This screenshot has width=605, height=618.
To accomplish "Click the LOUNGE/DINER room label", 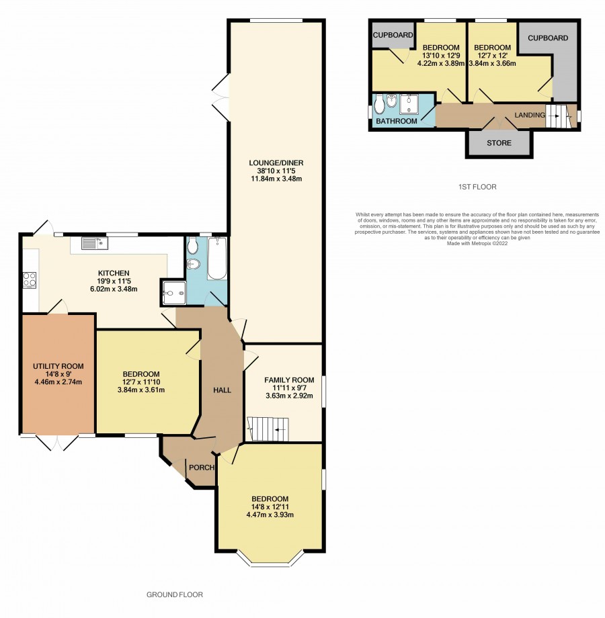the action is [276, 163].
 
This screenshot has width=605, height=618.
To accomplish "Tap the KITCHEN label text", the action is [114, 273].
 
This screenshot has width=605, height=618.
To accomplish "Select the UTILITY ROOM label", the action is [58, 366].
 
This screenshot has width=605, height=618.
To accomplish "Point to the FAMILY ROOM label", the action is [289, 380].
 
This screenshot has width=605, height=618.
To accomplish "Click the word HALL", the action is [222, 390].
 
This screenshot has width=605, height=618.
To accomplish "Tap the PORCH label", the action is [202, 468].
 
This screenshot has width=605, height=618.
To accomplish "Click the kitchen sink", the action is [95, 243].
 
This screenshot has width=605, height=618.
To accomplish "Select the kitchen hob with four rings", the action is [30, 280].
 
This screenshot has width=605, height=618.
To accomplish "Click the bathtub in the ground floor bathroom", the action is [217, 258].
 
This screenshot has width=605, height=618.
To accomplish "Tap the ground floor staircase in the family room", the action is [268, 429].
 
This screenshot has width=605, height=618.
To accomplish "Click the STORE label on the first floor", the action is [499, 143].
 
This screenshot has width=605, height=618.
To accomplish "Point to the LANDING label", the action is [530, 115].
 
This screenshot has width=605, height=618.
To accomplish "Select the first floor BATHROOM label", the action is [397, 121].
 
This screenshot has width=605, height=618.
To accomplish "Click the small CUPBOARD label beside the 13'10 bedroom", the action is [393, 35].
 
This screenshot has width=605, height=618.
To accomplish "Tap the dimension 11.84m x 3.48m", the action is [276, 179].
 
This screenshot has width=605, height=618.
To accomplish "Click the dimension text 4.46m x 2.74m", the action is [58, 382].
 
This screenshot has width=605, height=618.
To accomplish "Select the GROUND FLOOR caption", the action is [175, 594].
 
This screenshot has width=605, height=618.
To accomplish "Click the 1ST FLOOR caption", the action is [477, 187].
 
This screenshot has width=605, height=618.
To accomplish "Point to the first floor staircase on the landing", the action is [559, 116].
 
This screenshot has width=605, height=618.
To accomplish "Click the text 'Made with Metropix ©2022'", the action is [477, 244].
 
